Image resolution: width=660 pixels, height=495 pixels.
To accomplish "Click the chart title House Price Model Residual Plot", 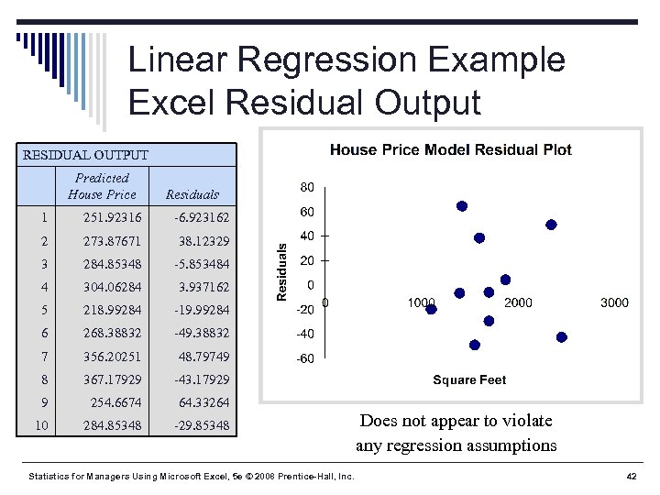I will (x=450, y=149).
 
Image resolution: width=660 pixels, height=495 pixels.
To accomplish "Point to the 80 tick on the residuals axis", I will (x=307, y=187).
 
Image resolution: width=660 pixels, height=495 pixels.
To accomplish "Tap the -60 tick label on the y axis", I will (x=304, y=358).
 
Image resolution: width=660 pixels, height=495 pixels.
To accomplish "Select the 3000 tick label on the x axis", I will (x=614, y=302).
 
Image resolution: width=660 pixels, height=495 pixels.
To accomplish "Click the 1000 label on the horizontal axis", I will (x=422, y=302).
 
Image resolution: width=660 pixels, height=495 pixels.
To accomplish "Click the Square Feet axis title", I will (x=469, y=379).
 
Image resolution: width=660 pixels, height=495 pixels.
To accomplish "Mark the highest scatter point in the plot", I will (x=462, y=206).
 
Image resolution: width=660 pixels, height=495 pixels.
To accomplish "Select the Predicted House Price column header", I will (x=102, y=186).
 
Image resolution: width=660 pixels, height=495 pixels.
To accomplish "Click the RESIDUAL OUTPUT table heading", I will (x=84, y=155).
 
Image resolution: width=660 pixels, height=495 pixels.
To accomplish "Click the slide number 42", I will (x=631, y=477).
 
